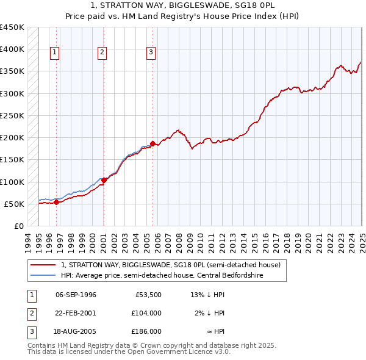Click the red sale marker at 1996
coord(56,202)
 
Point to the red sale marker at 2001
coord(104,180)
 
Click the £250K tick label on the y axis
coord(12,115)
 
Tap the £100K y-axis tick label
coord(12,182)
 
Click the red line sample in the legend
coord(44,265)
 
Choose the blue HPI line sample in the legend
coord(44,276)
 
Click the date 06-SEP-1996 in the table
coord(76,295)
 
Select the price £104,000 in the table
coord(146,313)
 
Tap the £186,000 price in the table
coord(146,331)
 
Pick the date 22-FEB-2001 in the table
coord(76,313)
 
